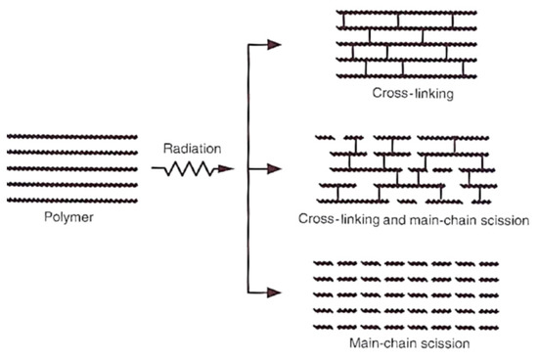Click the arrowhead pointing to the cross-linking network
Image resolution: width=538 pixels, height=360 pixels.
(x=276, y=44)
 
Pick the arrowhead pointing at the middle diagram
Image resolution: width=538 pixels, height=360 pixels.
(x=276, y=169)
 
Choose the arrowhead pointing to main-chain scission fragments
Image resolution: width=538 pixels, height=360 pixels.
(x=276, y=292)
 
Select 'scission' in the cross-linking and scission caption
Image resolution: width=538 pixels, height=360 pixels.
(x=503, y=220)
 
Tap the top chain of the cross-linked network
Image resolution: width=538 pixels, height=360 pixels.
(x=402, y=14)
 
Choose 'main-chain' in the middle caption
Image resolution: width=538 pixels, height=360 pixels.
(x=441, y=220)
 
